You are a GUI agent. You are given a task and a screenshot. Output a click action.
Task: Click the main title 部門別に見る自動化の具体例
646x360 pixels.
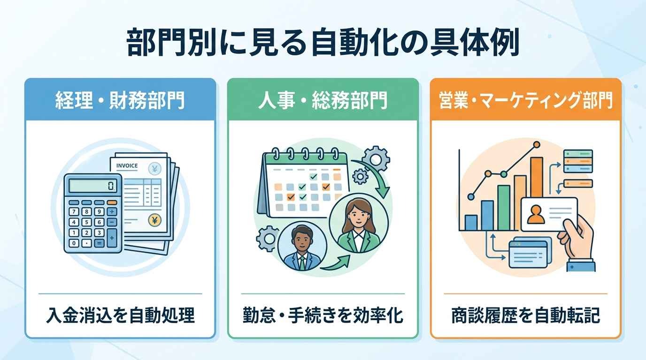[323, 42]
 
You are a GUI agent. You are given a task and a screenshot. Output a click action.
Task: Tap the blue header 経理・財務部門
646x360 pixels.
[120, 100]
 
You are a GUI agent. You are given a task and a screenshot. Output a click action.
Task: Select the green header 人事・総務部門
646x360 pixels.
[323, 100]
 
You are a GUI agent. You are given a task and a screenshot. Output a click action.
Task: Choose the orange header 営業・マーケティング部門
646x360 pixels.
[525, 100]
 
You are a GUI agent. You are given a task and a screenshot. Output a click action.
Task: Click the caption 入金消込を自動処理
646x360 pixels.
[120, 315]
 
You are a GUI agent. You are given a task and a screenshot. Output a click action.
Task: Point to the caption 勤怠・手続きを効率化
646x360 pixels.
[323, 315]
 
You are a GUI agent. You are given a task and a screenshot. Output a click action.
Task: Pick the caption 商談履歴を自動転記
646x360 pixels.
[525, 315]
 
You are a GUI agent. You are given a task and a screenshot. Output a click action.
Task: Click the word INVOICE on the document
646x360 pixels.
[127, 166]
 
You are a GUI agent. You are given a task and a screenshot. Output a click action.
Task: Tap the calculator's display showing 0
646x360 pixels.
[93, 186]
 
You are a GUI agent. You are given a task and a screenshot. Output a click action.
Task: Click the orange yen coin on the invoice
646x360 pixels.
[154, 221]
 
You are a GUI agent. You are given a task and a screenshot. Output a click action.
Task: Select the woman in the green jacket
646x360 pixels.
[359, 223]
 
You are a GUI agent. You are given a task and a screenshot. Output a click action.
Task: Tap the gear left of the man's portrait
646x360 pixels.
[268, 239]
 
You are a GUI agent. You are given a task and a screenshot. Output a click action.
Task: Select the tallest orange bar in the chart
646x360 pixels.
[537, 179]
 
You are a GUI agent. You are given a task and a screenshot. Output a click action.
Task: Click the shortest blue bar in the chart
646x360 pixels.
[471, 223]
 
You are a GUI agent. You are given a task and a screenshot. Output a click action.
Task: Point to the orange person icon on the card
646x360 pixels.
[536, 214]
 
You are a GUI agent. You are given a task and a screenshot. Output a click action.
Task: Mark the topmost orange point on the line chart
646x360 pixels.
[537, 144]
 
